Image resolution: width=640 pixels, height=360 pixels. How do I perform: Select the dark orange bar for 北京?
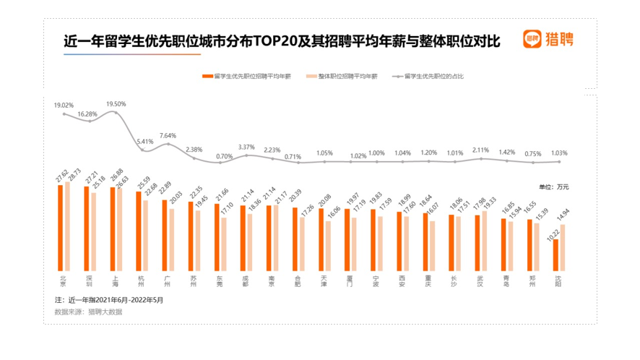[x=61, y=228]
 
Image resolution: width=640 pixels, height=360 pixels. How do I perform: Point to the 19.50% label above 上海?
[x=116, y=103]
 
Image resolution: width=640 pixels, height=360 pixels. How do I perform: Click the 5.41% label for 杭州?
[x=145, y=142]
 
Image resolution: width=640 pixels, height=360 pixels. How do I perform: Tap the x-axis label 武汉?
[x=480, y=280]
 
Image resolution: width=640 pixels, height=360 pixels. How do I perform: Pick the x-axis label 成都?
[x=246, y=280]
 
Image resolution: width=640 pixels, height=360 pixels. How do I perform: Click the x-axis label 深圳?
[x=90, y=280]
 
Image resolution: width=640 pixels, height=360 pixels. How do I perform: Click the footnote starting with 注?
[x=109, y=299]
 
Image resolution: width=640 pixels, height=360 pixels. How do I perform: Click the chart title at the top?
[x=282, y=41]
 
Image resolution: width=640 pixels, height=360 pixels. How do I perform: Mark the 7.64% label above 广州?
[x=168, y=135]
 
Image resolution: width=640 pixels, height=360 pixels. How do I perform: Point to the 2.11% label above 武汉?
[x=480, y=150]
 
